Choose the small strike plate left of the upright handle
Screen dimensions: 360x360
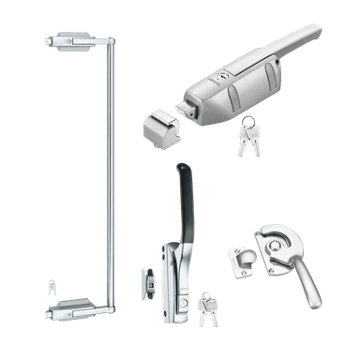click(145, 279)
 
